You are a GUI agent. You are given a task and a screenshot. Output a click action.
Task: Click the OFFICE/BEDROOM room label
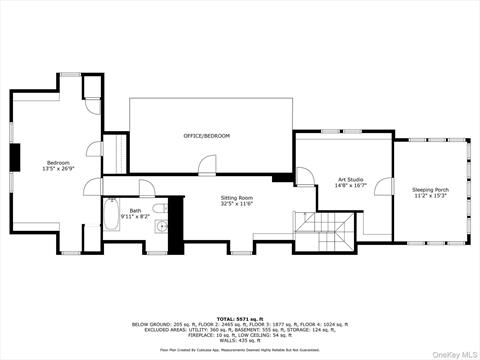click(206, 135)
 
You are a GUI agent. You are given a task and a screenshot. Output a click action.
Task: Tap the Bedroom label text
click(58, 162)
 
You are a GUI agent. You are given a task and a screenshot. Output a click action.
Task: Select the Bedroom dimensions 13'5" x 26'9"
click(58, 169)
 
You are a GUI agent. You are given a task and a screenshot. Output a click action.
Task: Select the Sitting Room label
click(236, 198)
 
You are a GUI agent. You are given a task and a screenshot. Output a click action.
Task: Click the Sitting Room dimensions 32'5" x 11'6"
click(236, 205)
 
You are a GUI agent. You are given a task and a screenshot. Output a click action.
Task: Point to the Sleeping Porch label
click(430, 189)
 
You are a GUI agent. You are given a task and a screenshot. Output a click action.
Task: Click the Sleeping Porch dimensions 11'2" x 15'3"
click(430, 196)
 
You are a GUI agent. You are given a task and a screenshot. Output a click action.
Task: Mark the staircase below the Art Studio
click(323, 232)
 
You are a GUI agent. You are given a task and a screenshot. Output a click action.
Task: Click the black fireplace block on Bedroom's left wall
click(15, 158)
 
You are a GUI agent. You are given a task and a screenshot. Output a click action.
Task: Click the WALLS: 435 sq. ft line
click(239, 341)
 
